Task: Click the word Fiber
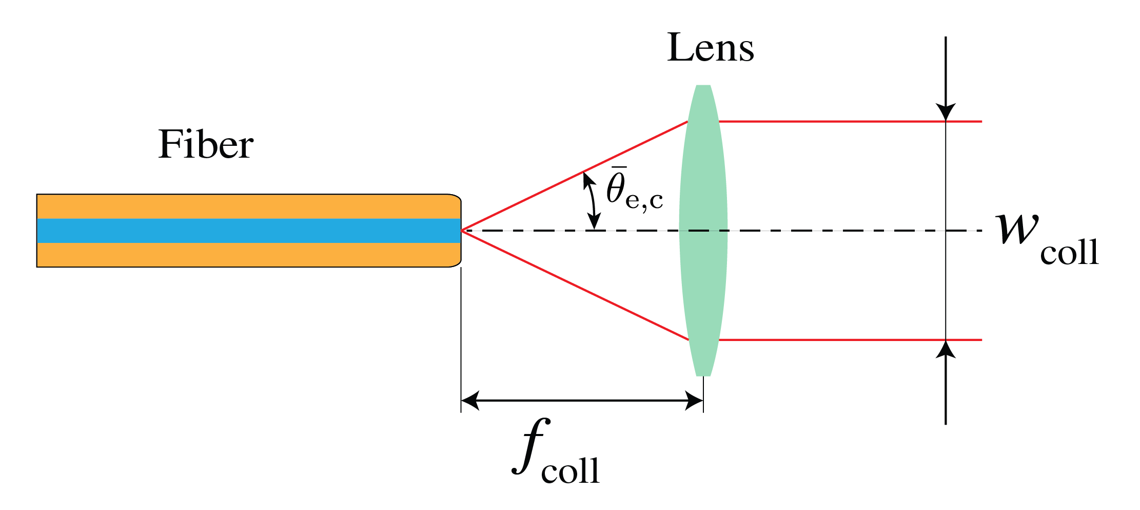pos(205,145)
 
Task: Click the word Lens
pos(710,48)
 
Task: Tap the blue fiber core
pos(246,231)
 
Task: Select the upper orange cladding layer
pos(246,206)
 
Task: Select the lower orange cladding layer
pos(246,255)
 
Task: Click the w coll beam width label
pos(1047,239)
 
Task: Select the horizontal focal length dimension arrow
pos(582,400)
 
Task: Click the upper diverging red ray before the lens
pos(575,176)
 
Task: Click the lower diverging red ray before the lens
pos(575,285)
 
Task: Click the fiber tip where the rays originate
pos(462,231)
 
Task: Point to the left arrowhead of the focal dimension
pos(469,400)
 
